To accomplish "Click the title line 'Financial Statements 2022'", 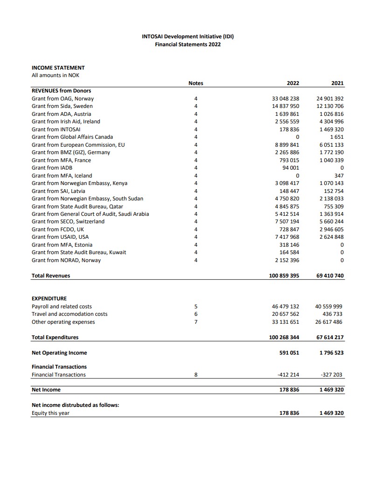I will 188,44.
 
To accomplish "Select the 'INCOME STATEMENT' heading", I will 58,68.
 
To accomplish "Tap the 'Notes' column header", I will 195,83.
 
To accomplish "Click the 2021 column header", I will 337,83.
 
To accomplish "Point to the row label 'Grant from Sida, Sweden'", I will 62,106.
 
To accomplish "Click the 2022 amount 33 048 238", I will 285,99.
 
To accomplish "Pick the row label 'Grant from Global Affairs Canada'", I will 72,137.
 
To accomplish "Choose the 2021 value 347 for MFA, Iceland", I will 339,176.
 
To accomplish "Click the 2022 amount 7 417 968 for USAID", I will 288,237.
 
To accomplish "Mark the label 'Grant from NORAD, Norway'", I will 66,260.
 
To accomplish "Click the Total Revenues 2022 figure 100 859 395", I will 284,276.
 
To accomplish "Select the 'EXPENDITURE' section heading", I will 49,299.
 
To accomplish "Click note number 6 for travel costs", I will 196,314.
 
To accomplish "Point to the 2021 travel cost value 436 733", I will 332,314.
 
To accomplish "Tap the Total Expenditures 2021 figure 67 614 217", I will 330,337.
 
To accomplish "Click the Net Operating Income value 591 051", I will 289,353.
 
